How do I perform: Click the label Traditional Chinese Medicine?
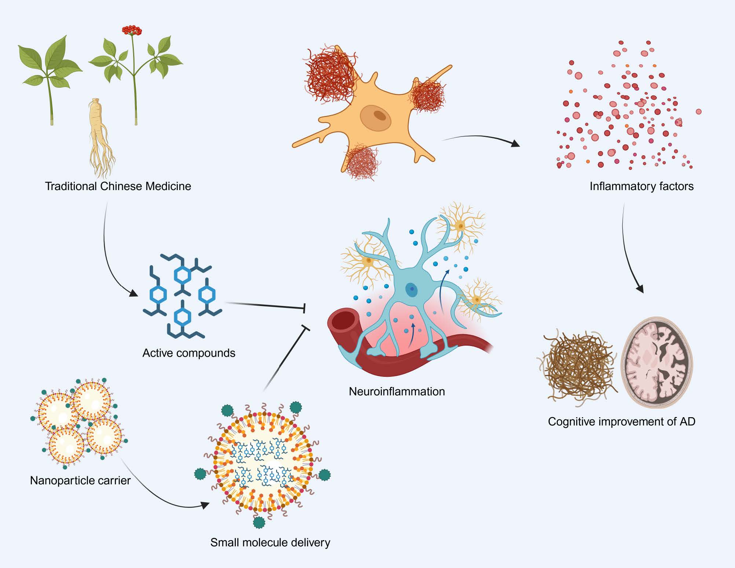click(x=118, y=186)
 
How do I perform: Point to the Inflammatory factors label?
click(x=641, y=186)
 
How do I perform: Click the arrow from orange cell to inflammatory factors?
click(x=480, y=138)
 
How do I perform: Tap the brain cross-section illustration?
click(x=657, y=363)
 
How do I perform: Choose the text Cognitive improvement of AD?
click(x=621, y=421)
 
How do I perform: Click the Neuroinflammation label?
click(x=396, y=391)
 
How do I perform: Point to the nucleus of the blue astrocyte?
click(x=411, y=290)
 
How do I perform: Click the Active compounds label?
click(x=189, y=353)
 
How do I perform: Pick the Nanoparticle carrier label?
click(x=80, y=480)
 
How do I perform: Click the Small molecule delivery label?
click(x=270, y=542)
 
